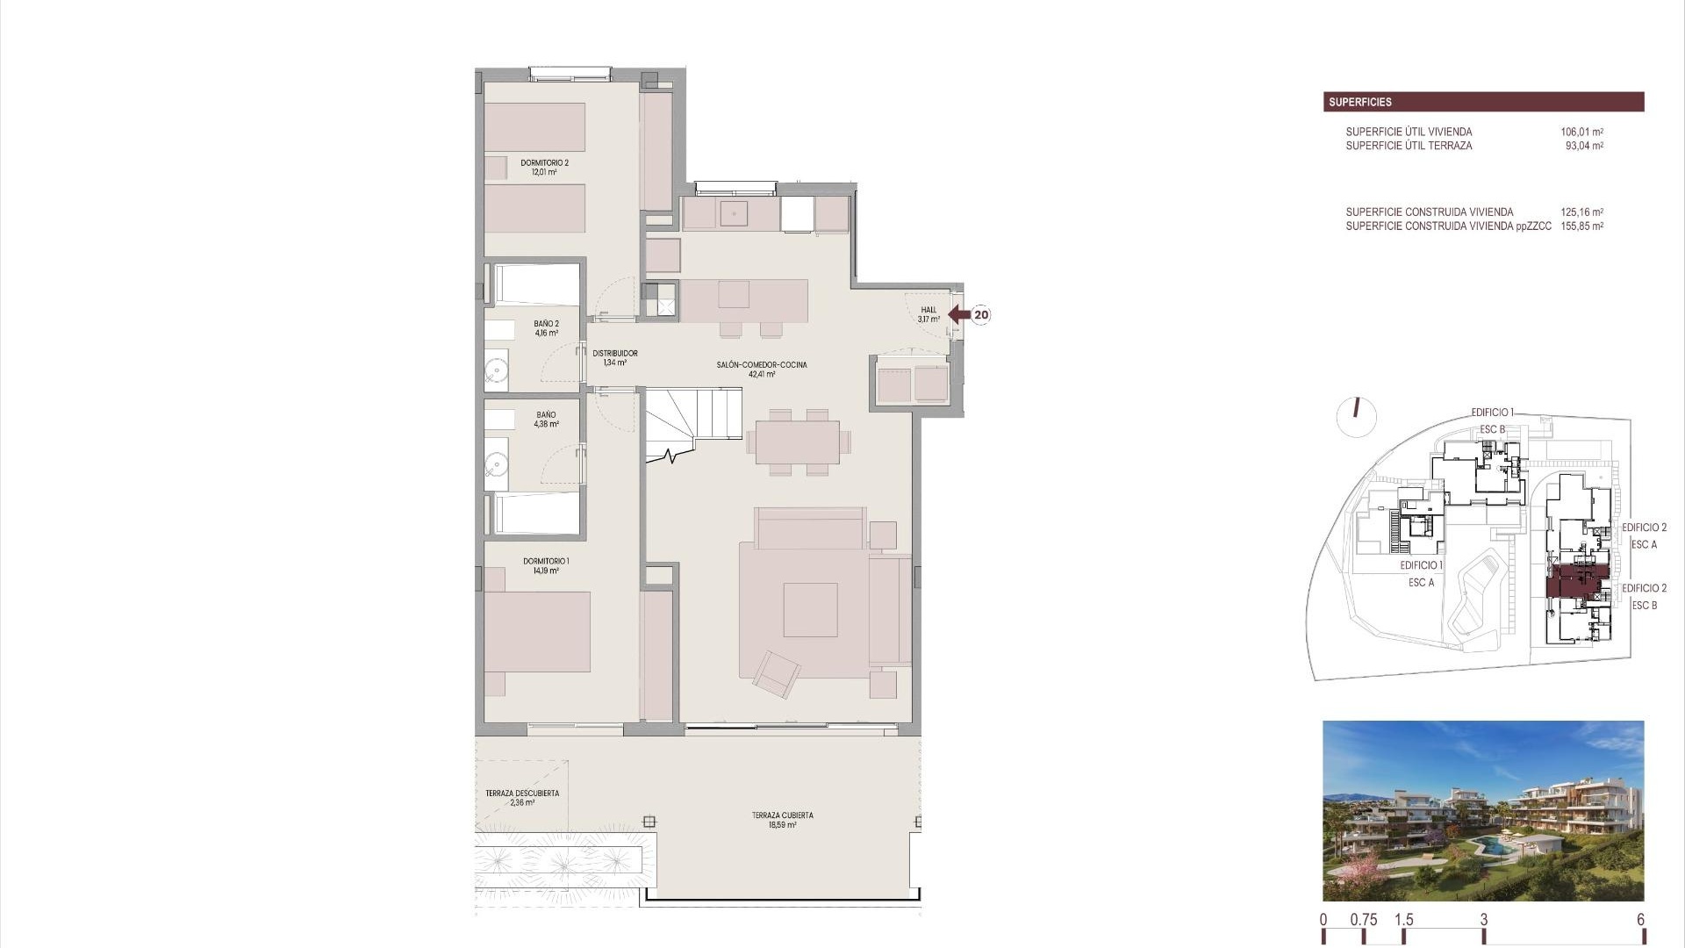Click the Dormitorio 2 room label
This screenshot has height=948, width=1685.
click(544, 168)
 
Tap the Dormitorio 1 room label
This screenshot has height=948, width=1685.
click(546, 565)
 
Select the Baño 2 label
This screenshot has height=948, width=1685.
click(546, 328)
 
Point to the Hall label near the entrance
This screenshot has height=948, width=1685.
click(929, 314)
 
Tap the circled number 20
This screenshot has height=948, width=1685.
click(981, 314)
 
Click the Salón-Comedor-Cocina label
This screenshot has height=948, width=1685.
click(761, 369)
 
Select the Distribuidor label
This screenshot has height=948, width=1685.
click(614, 357)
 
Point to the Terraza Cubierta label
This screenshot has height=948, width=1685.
click(782, 820)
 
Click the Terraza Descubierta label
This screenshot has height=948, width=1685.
click(521, 797)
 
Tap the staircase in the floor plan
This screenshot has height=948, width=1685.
click(692, 422)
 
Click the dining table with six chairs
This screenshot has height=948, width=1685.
click(799, 442)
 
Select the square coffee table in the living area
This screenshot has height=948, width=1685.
click(810, 609)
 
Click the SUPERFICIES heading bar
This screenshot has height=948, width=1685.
click(1483, 102)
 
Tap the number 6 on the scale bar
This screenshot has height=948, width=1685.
click(1640, 920)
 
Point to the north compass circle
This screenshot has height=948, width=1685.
click(1356, 417)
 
